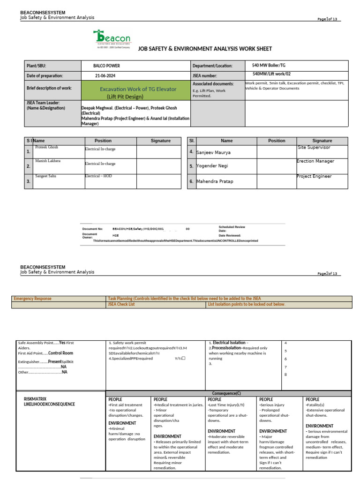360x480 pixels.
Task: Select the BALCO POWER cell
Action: [x=107, y=66]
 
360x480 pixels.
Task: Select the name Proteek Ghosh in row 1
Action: [x=46, y=147]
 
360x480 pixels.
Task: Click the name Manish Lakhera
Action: [x=48, y=161]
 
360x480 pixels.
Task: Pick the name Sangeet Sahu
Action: [x=46, y=176]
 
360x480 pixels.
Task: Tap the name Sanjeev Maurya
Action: [x=213, y=152]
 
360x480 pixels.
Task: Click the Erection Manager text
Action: [x=315, y=161]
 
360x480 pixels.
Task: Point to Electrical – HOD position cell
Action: [x=99, y=176]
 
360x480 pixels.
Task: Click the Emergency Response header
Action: [x=33, y=299]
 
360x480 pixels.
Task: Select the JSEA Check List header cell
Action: [x=121, y=305]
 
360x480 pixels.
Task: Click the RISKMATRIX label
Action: [x=36, y=399]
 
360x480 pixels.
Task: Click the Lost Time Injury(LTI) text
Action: [x=226, y=405]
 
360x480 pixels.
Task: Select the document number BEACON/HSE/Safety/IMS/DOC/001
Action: [x=138, y=229]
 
